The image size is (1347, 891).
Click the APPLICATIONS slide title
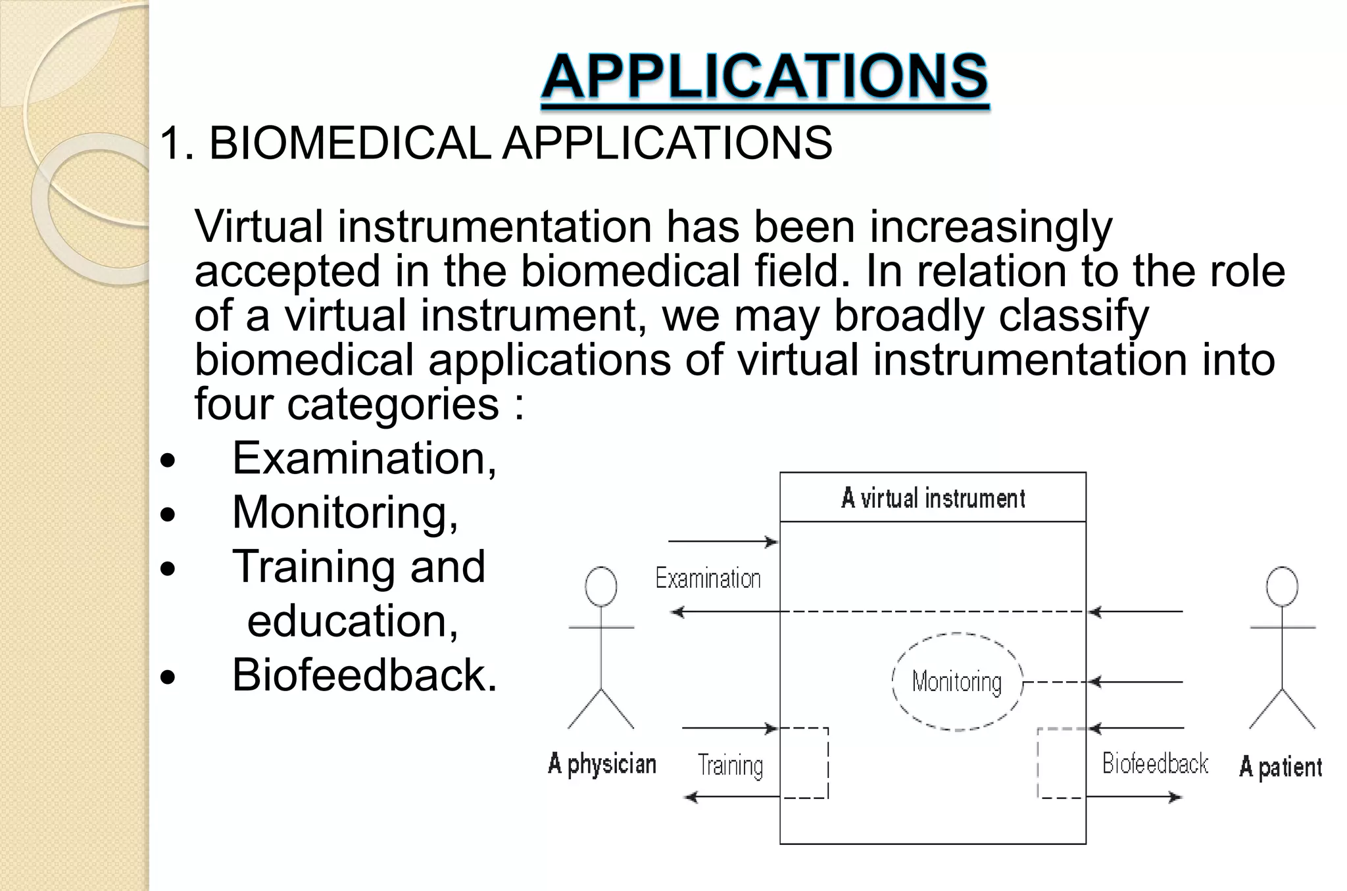tap(764, 77)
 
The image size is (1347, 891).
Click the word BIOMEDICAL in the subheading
tap(349, 143)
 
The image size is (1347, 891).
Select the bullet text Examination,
tap(364, 458)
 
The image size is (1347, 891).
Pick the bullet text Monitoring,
tap(345, 512)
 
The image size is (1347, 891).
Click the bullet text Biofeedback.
tap(364, 675)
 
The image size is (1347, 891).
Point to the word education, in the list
tap(353, 621)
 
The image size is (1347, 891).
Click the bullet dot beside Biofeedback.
tap(168, 677)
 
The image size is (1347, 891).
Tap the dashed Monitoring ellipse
tap(957, 682)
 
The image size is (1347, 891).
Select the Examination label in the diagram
tap(708, 579)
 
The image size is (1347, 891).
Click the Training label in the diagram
tap(730, 765)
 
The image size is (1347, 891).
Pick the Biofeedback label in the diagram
tap(1155, 764)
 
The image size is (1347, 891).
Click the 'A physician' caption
tap(602, 764)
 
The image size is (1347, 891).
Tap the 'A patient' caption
tap(1280, 767)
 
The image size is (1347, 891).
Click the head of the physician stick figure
tap(601, 586)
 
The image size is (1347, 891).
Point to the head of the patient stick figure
tap(1282, 586)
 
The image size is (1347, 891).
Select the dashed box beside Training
tap(804, 763)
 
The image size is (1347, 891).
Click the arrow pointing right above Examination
tap(723, 542)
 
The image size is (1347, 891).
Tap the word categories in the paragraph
tap(393, 403)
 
